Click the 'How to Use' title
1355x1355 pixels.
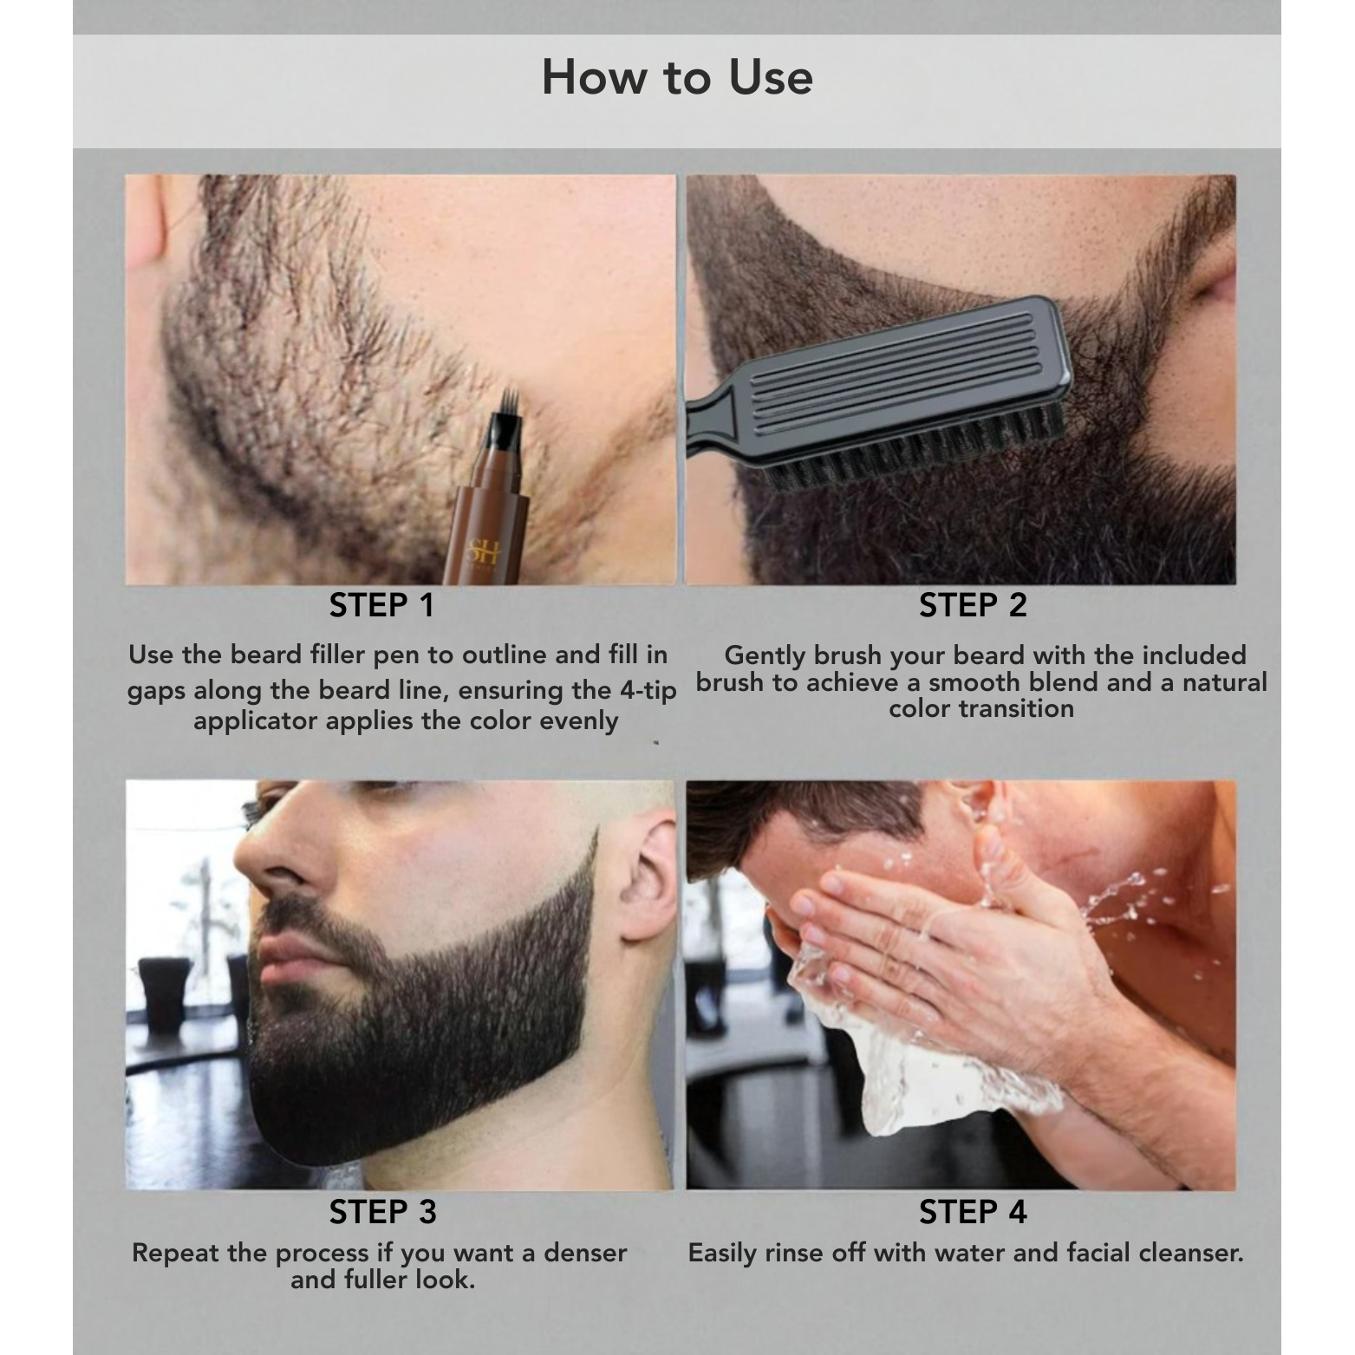point(677,77)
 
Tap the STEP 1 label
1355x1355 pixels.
point(381,606)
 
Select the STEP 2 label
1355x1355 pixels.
point(973,606)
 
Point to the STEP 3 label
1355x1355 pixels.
point(382,1212)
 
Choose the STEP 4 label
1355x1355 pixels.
point(973,1212)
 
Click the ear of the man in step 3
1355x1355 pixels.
point(648,876)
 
